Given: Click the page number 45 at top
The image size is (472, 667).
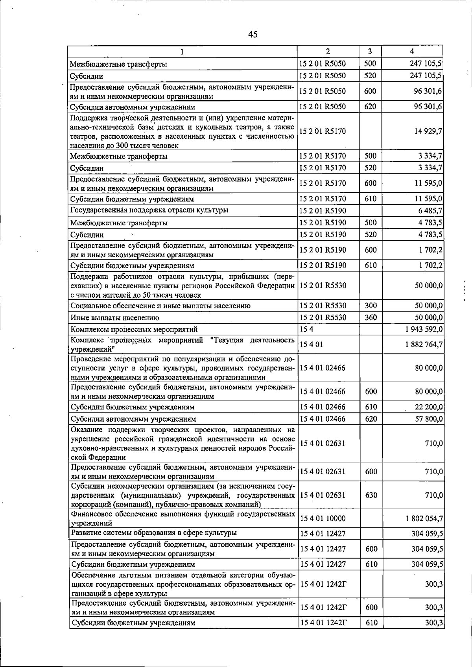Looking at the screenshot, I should coord(253,34).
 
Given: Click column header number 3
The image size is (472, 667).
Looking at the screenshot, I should coord(370,52).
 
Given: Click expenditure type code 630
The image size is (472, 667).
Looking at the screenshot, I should coord(371,495).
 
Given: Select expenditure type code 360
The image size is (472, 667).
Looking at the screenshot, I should coord(371,317).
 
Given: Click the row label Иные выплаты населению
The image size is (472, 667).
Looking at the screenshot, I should coord(115,318).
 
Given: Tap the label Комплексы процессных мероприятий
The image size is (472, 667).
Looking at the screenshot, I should coord(134,330).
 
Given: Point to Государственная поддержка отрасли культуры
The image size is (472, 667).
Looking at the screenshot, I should coord(149,210).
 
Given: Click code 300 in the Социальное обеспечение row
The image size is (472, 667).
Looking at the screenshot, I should coord(371,306).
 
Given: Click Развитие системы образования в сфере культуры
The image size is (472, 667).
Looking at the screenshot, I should coord(154,533).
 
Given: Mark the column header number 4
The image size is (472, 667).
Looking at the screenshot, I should coord(411,52).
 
